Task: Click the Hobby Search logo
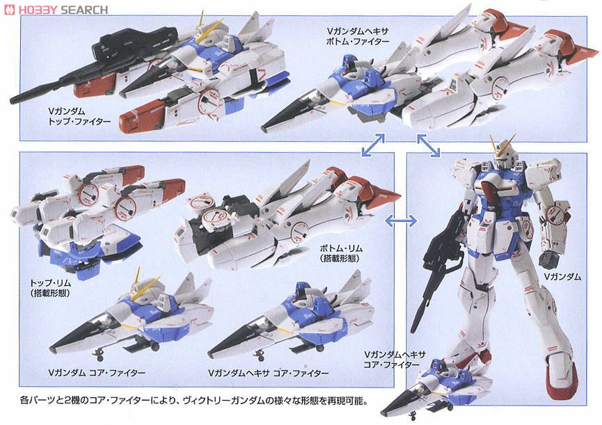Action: tap(56, 9)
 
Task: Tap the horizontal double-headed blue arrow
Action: tap(402, 220)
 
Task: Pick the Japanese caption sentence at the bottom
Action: tap(187, 401)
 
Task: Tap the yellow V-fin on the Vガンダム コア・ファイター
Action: tap(137, 278)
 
